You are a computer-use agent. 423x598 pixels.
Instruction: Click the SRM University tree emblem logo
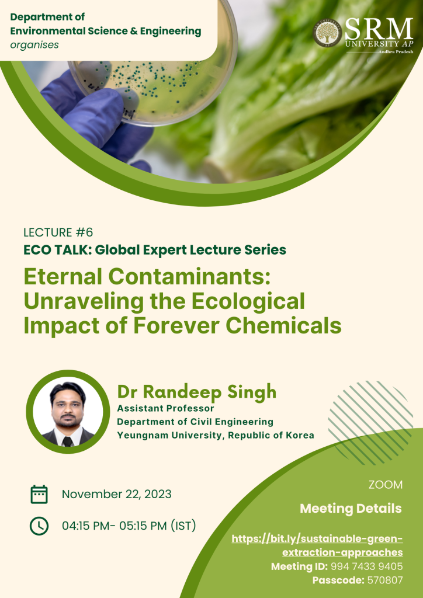327,33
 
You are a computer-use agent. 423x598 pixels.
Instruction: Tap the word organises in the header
34,45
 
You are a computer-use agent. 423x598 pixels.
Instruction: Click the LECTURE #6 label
58,232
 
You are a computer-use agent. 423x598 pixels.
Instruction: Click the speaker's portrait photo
68,412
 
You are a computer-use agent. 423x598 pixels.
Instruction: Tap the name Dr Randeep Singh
197,392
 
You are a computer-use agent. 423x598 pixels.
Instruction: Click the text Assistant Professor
165,408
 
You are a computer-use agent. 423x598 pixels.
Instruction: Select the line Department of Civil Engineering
195,422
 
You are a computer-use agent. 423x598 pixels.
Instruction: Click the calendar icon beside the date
39,494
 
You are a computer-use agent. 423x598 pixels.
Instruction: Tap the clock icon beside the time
39,526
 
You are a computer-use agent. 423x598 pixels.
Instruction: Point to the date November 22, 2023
116,494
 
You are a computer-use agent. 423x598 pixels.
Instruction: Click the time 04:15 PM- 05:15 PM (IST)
129,526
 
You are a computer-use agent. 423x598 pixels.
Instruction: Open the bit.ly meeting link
317,545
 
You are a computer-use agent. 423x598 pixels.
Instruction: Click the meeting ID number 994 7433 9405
366,566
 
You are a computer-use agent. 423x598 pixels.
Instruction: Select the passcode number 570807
385,580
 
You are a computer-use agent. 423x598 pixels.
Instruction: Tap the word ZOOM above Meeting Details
386,485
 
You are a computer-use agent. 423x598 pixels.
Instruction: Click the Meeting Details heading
351,509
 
